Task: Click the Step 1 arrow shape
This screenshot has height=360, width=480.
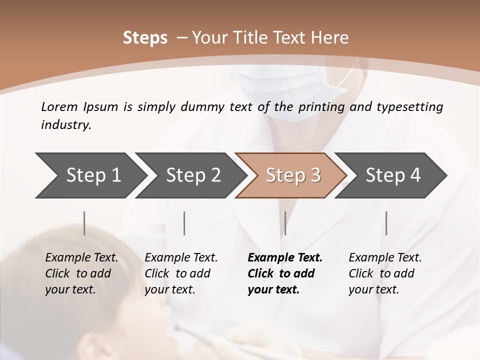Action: (90, 175)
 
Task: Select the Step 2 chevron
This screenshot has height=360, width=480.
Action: (192, 175)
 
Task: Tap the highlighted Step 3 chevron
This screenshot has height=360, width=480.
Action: (292, 175)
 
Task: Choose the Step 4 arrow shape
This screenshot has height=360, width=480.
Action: (392, 175)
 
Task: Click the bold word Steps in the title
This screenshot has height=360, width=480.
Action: (145, 38)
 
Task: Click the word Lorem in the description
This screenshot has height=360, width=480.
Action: (59, 107)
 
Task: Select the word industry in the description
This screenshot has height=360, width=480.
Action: (65, 125)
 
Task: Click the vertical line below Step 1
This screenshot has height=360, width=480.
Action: (84, 223)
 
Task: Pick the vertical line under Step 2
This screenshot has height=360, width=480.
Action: (184, 223)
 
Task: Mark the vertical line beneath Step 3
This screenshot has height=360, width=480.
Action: (285, 223)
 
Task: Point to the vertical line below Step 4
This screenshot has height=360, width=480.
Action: (386, 223)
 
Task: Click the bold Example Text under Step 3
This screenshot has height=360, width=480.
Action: (285, 258)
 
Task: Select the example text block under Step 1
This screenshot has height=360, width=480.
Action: (81, 273)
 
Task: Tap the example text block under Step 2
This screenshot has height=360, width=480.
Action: (181, 273)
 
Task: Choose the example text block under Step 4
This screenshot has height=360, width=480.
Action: (385, 273)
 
